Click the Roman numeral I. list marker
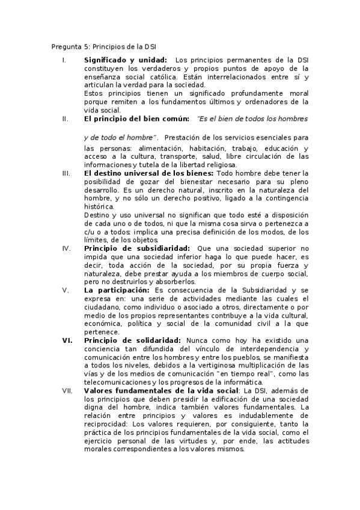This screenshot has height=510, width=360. tap(64, 60)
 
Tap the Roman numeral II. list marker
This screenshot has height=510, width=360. tap(66, 119)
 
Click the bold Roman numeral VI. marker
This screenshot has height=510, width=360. tap(67, 340)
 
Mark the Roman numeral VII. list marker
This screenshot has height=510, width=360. tap(68, 390)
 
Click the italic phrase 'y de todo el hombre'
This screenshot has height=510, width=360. tap(120, 138)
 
